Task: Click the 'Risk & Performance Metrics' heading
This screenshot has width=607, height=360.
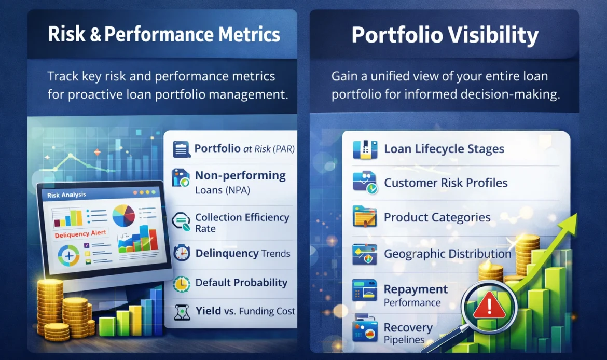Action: click(164, 34)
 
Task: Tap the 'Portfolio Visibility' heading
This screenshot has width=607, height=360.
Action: click(445, 35)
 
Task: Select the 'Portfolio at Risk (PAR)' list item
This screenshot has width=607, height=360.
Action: click(244, 149)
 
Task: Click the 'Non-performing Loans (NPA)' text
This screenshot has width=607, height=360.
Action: click(240, 183)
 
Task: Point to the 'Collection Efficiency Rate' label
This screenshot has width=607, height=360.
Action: click(242, 223)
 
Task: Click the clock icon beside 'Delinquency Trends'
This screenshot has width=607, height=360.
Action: click(182, 253)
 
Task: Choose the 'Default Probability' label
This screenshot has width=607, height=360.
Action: click(241, 283)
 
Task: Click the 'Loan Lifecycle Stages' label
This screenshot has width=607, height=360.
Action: click(444, 149)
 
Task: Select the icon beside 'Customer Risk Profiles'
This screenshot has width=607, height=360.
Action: click(365, 183)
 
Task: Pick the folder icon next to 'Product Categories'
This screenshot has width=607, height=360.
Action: click(365, 217)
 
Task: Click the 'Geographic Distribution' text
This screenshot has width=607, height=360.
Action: click(447, 254)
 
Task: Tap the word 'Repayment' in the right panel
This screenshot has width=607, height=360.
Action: click(416, 289)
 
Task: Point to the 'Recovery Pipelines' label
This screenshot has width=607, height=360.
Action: click(408, 334)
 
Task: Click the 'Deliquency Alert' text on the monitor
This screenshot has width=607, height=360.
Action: click(80, 234)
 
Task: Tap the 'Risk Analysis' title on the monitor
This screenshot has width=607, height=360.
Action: click(66, 195)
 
